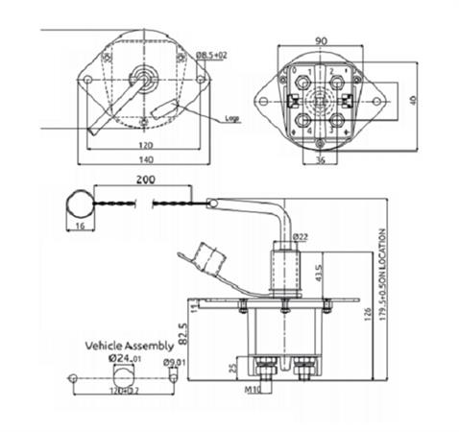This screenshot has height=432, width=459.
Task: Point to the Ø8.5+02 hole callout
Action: [x=214, y=58]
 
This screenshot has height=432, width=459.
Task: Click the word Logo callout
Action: [x=230, y=119]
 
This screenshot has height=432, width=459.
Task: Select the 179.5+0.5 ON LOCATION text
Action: [x=383, y=272]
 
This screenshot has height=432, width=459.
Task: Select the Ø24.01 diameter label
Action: [x=126, y=359]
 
